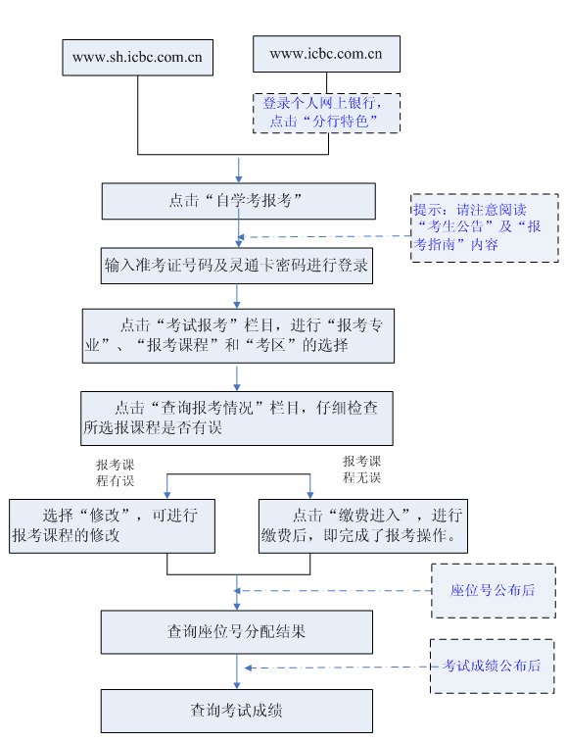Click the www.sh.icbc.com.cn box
point(138,58)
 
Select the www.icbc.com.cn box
point(326,54)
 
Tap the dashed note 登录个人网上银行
point(326,113)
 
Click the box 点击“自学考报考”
point(239,201)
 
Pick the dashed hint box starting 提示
point(484,227)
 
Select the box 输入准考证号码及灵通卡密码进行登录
point(237,266)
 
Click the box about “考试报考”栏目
point(238,336)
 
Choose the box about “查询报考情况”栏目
point(237,419)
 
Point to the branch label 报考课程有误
point(116,472)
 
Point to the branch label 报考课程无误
point(361,470)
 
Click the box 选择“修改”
point(112,526)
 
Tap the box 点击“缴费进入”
point(363,526)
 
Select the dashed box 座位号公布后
point(494,591)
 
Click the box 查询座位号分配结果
point(237,632)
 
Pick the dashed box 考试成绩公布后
point(492,667)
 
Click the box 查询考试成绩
point(237,711)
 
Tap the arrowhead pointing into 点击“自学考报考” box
point(239,179)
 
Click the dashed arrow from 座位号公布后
point(333,591)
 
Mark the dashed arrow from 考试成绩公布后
point(338,668)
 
